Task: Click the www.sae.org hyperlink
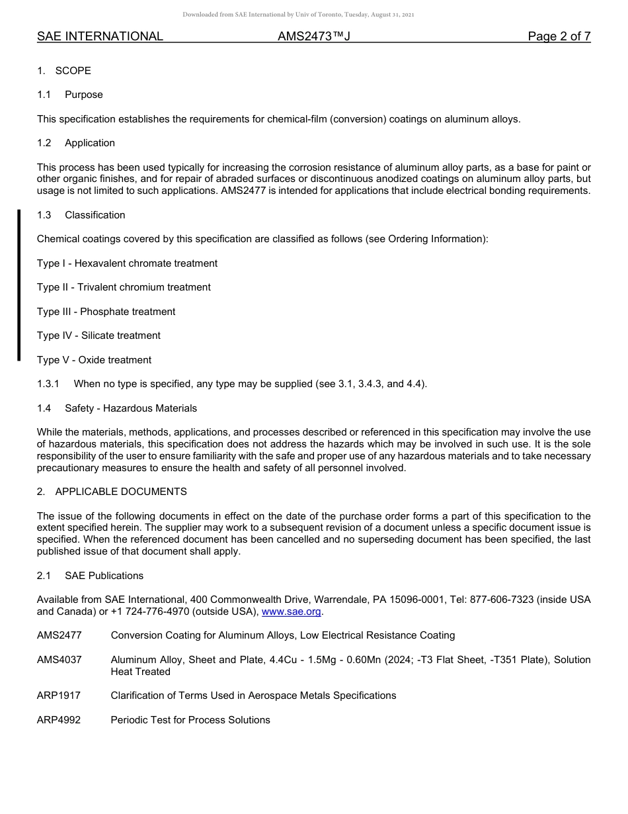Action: click(x=292, y=611)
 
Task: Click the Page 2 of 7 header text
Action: click(x=559, y=36)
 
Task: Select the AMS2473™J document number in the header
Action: click(x=313, y=36)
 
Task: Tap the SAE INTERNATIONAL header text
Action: click(x=100, y=36)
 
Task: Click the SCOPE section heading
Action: click(x=73, y=71)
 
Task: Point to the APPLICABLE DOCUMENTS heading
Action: click(x=121, y=492)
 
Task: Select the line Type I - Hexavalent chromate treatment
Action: click(x=127, y=263)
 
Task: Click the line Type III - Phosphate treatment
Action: click(x=106, y=312)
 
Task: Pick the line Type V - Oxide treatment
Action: click(x=94, y=360)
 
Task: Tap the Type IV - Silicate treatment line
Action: click(x=98, y=336)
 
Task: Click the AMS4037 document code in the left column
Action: click(x=59, y=660)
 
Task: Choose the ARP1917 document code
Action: click(x=59, y=696)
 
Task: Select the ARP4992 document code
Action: click(x=59, y=720)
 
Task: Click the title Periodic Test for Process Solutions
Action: click(x=190, y=720)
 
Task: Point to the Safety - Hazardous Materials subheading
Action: click(x=131, y=408)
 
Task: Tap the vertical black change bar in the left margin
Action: click(x=19, y=285)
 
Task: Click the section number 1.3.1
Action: click(x=48, y=384)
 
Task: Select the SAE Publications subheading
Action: click(x=104, y=576)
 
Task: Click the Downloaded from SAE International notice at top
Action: click(x=298, y=15)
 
